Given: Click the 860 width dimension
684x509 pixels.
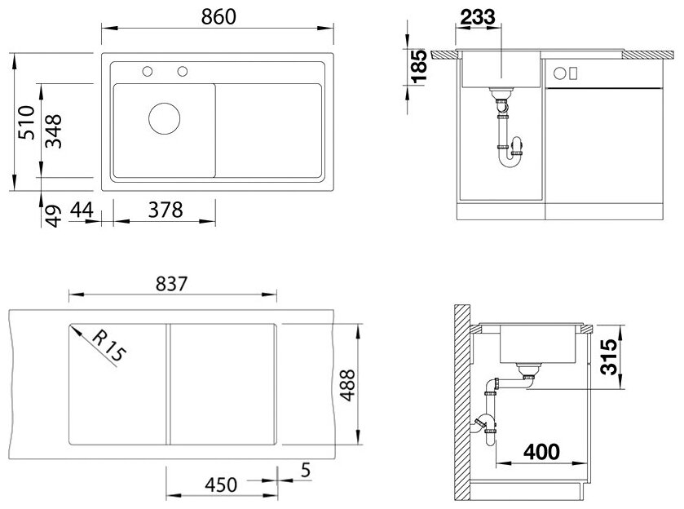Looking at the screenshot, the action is (x=218, y=16).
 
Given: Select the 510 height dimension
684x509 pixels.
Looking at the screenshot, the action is (x=27, y=122).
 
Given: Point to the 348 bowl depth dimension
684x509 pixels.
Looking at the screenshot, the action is (x=54, y=131).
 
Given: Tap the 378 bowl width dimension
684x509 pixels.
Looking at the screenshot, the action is (x=165, y=210).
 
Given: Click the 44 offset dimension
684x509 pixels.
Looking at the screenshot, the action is (x=82, y=210).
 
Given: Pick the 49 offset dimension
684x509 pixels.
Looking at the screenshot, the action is (x=53, y=216).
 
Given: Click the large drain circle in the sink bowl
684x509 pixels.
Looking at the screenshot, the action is (x=164, y=118).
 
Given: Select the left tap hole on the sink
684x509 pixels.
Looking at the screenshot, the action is (x=148, y=71).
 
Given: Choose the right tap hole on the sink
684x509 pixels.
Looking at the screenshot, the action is (x=183, y=71).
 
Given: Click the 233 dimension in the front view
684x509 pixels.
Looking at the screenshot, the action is (x=478, y=17).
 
